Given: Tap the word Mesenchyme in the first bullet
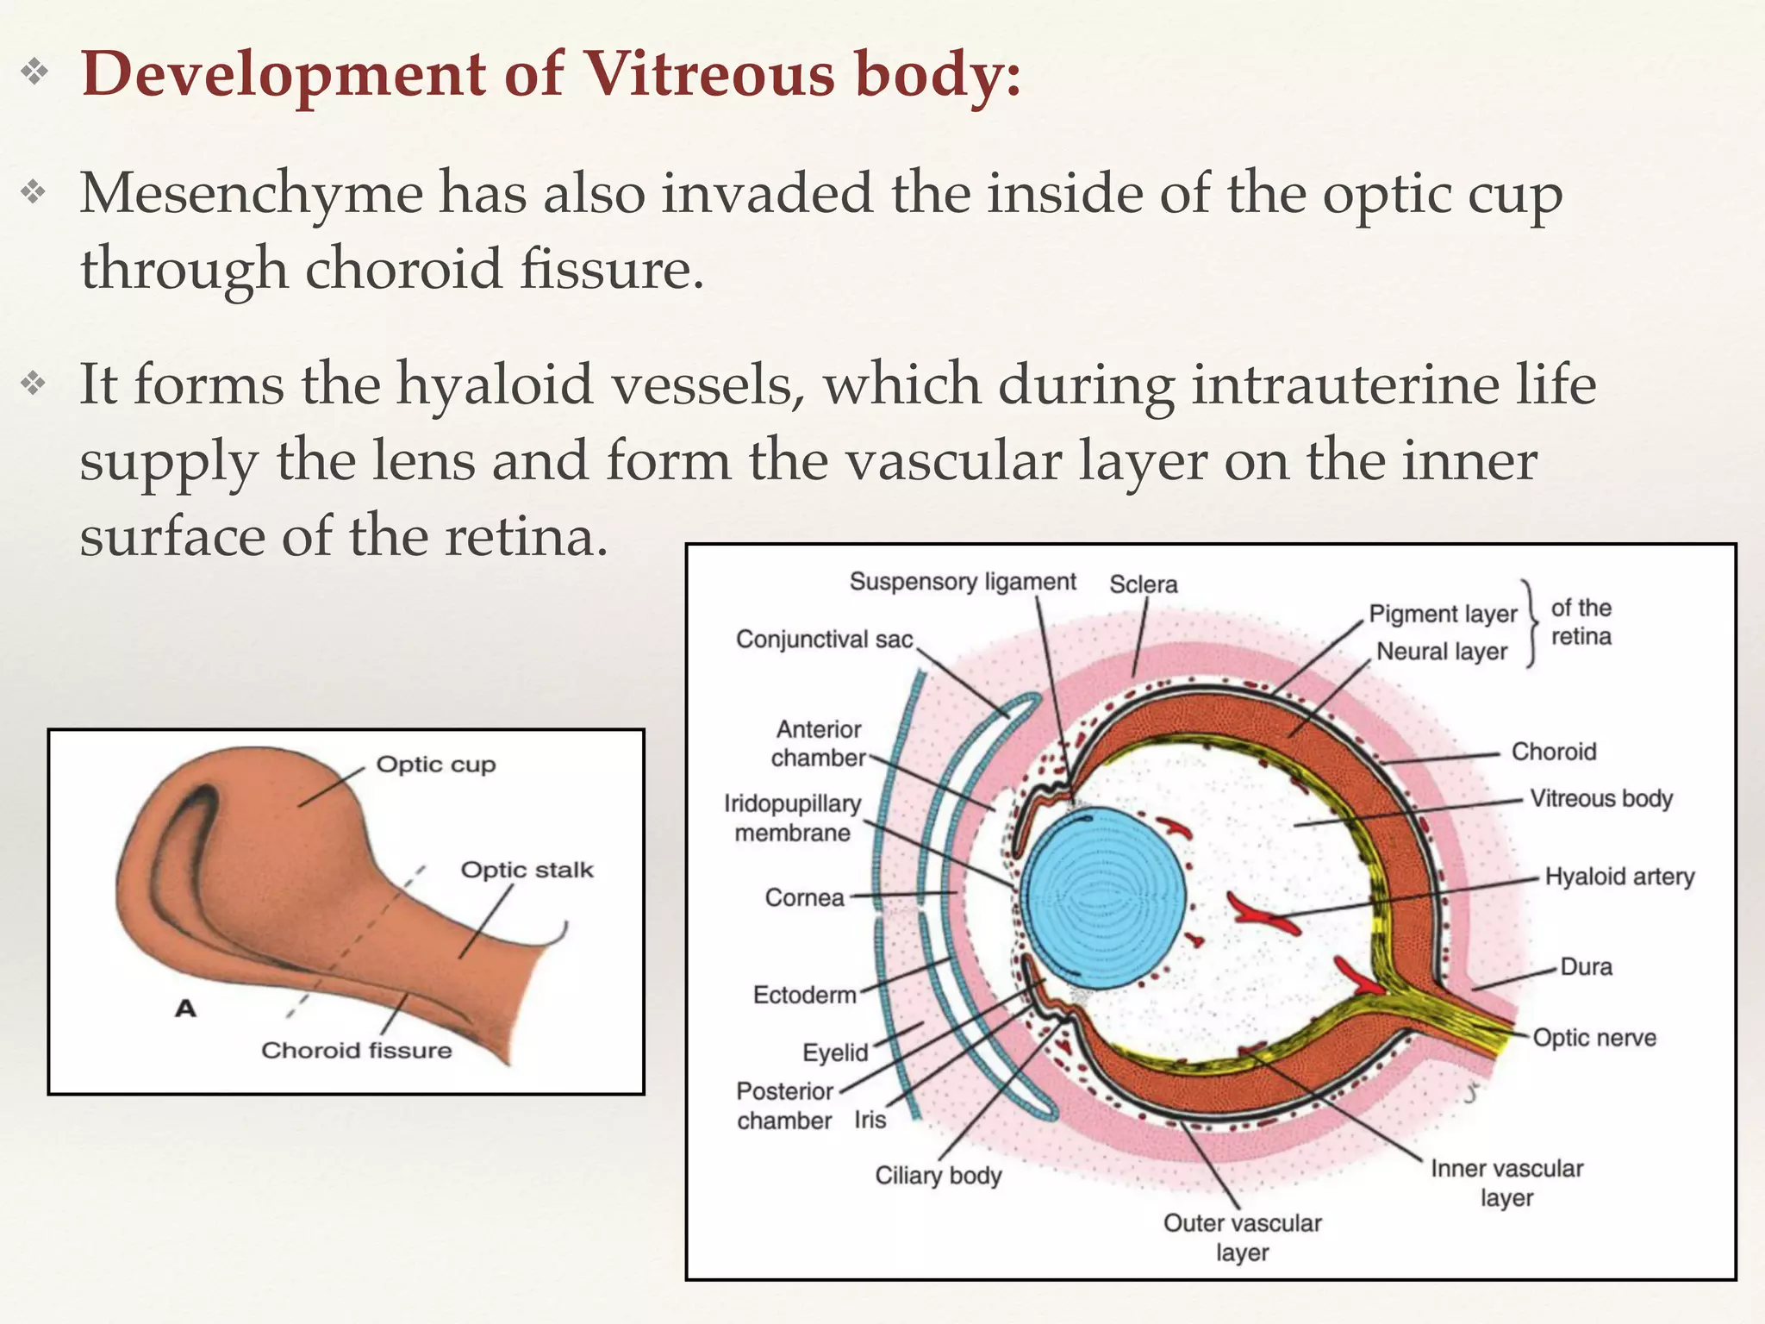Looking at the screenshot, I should pyautogui.click(x=251, y=193).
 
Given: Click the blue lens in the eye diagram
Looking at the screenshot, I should pyautogui.click(x=1103, y=897).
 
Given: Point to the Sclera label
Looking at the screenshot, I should pyautogui.click(x=1143, y=584).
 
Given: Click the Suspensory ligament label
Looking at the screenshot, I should pyautogui.click(x=963, y=582).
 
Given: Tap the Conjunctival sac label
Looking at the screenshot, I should pyautogui.click(x=824, y=640).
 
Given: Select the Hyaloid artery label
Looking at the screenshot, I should pyautogui.click(x=1619, y=877).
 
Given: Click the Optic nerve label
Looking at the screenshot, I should pyautogui.click(x=1594, y=1037).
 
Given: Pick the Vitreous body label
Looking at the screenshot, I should pyautogui.click(x=1601, y=798).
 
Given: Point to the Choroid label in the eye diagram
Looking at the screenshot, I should pyautogui.click(x=1554, y=752).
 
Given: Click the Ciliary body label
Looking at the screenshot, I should pyautogui.click(x=939, y=1176).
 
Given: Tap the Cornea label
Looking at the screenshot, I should pyautogui.click(x=804, y=898).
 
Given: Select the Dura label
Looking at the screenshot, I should pyautogui.click(x=1586, y=966).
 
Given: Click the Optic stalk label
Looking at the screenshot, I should pyautogui.click(x=527, y=870).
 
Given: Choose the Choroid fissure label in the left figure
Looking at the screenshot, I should pyautogui.click(x=357, y=1050).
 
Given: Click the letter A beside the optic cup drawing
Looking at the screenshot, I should pyautogui.click(x=185, y=1008).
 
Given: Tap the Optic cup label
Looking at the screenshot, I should pyautogui.click(x=436, y=765).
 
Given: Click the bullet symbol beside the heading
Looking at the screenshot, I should pyautogui.click(x=34, y=72).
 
